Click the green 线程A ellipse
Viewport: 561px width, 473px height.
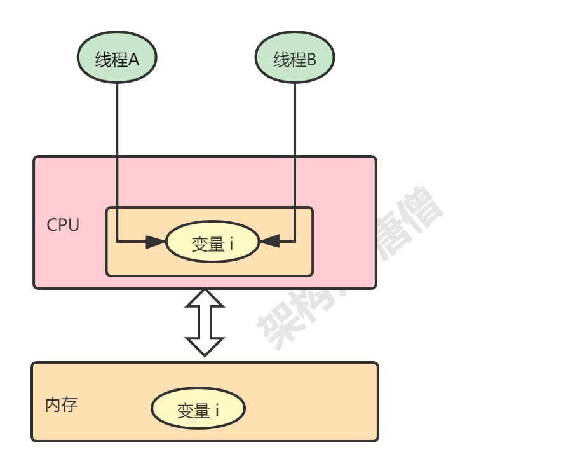[x=117, y=58]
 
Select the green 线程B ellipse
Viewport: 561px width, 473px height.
[x=295, y=58]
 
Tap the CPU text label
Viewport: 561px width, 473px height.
[x=63, y=225]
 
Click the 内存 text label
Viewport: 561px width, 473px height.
[x=62, y=405]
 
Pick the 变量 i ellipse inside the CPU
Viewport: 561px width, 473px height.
[x=212, y=242]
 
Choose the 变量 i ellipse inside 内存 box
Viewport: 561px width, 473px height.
[x=198, y=409]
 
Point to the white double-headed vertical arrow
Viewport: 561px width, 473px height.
[x=205, y=322]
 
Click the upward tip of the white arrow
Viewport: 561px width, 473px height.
[x=205, y=294]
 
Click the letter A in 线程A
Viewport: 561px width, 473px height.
[x=133, y=60]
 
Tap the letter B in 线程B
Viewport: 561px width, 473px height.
[x=311, y=60]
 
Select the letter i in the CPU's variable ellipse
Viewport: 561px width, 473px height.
[x=232, y=243]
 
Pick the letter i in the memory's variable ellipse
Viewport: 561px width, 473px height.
[x=217, y=410]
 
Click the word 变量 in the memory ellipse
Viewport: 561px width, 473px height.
[x=193, y=410]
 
